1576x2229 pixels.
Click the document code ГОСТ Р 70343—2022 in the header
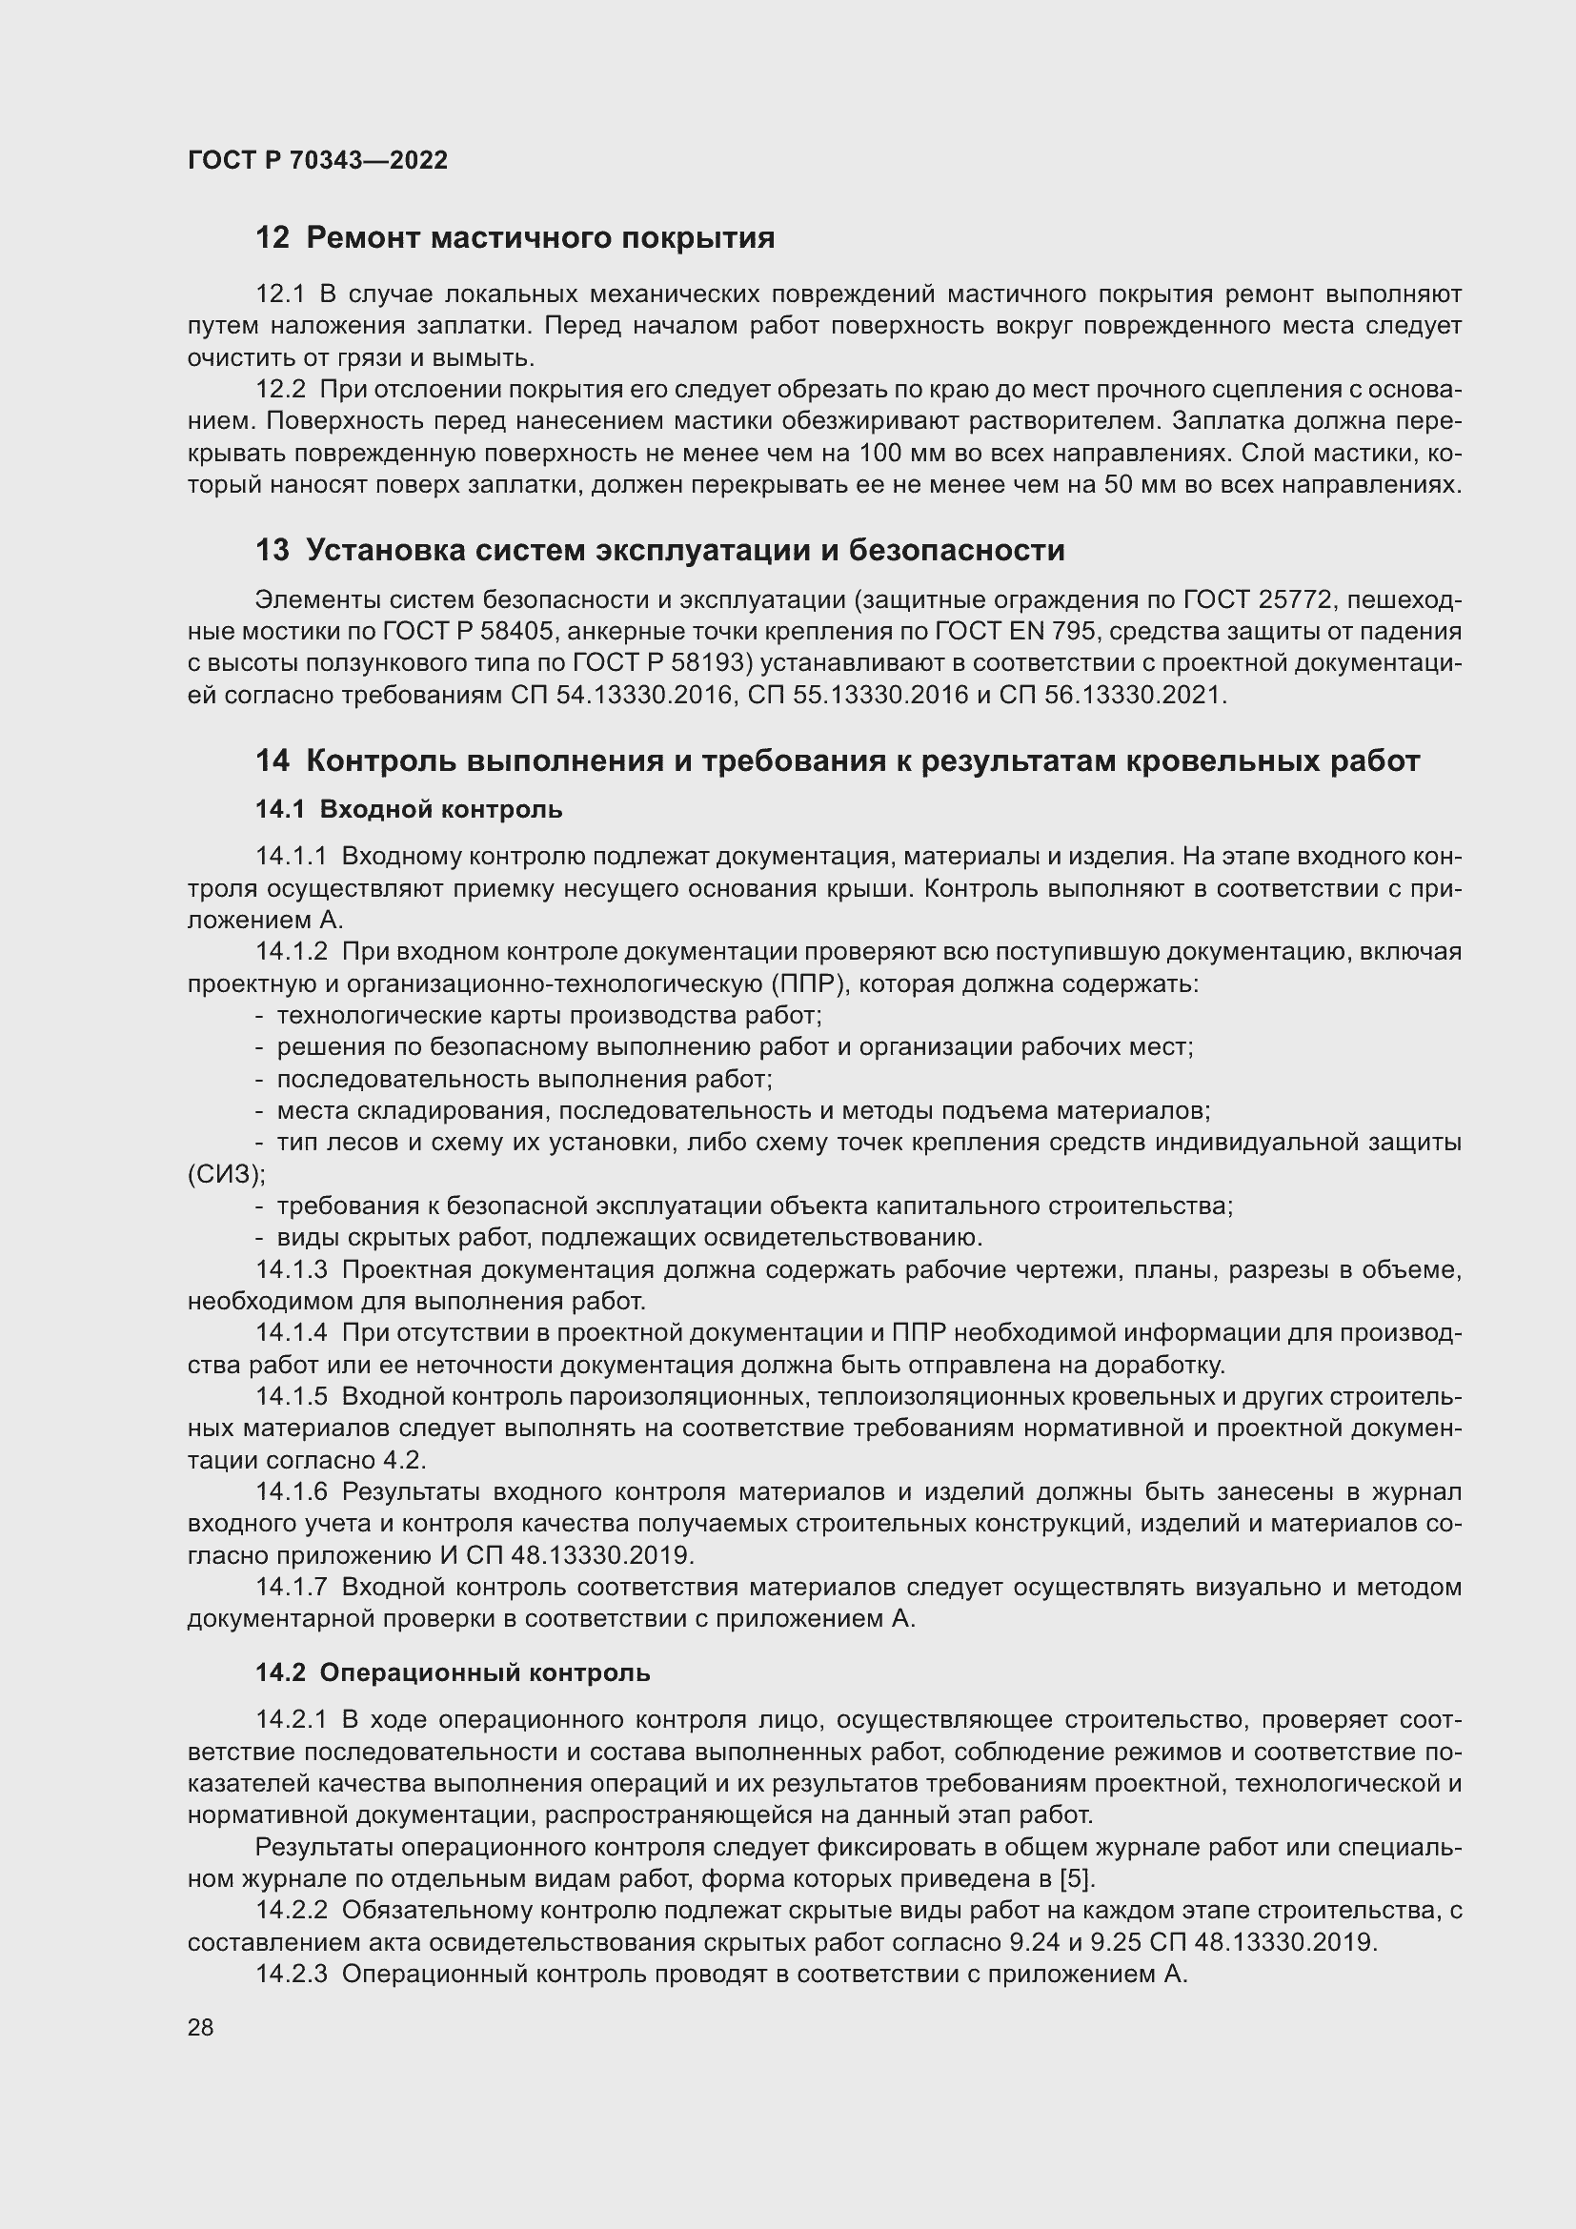pos(317,160)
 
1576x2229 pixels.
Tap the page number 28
pos(201,2027)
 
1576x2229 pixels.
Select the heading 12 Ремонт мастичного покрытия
pos(515,238)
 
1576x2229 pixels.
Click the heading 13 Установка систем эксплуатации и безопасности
pos(660,551)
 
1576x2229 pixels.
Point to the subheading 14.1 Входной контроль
pos(409,810)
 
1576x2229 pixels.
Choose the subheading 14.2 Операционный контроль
pos(453,1672)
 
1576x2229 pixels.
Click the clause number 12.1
pos(280,294)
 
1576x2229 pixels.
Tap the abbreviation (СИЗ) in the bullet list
pos(226,1175)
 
